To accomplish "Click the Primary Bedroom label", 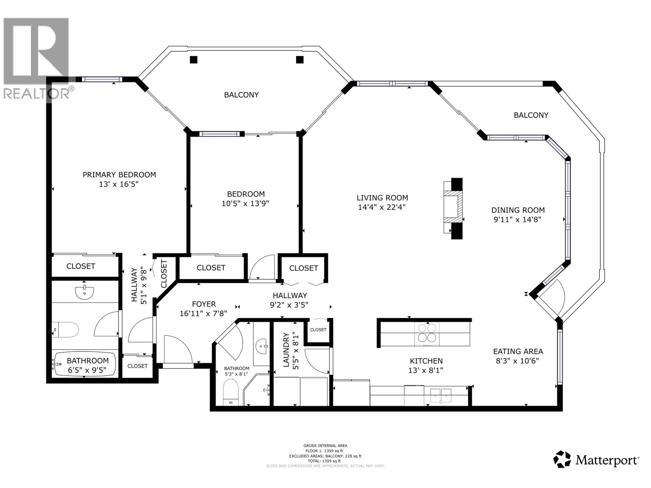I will tap(119, 175).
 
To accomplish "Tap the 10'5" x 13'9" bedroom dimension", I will tap(245, 203).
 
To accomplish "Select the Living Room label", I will tap(382, 198).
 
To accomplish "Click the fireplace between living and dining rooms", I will tap(453, 208).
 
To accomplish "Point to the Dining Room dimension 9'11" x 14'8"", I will tap(518, 220).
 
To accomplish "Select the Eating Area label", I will tap(518, 351).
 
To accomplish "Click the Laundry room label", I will tap(286, 350).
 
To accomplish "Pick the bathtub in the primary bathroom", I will tap(85, 364).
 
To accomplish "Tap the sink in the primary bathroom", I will tap(85, 292).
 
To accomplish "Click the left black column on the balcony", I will tap(194, 59).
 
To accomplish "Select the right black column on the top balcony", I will tap(300, 59).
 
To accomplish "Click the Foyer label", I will tap(203, 304).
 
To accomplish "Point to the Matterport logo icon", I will tap(562, 459).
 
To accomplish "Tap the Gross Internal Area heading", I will tap(325, 446).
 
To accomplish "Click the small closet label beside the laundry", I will tap(318, 329).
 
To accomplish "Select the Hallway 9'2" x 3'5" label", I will tap(290, 296).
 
